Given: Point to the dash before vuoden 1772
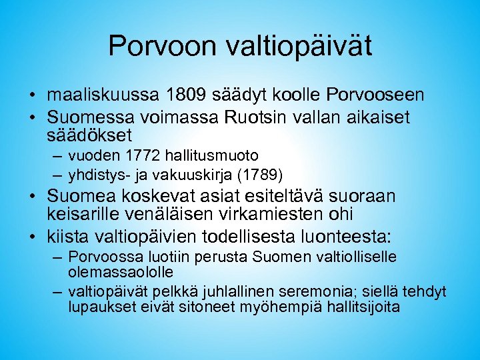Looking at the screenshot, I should [x=55, y=157].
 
